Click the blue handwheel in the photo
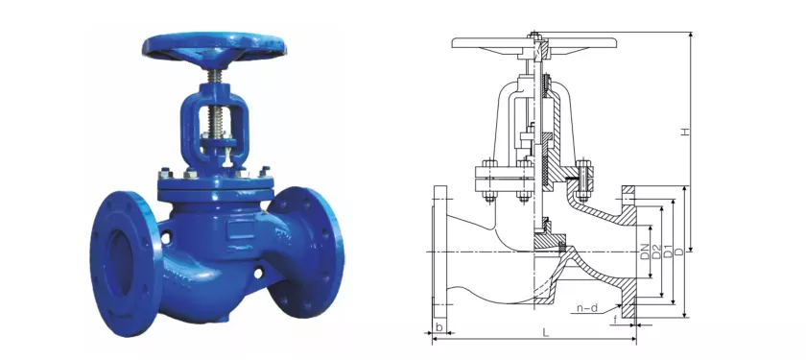tap(214, 46)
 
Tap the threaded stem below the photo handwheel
tap(212, 77)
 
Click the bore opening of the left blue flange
tap(120, 262)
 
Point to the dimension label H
tap(685, 132)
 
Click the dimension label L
tap(545, 332)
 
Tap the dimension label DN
tap(645, 252)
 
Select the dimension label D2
tap(656, 252)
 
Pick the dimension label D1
tap(668, 252)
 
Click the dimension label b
tap(439, 326)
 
